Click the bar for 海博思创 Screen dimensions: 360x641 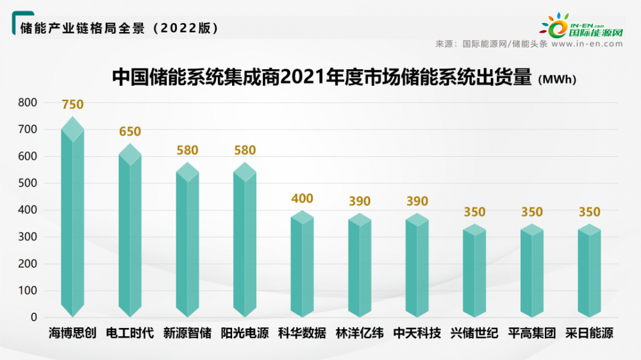72,218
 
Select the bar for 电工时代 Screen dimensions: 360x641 130,231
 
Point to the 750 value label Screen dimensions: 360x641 72,104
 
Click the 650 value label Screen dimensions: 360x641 130,131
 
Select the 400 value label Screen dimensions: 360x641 302,199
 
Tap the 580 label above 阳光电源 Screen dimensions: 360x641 245,151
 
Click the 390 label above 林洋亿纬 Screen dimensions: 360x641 360,201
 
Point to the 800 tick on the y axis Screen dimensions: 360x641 28,102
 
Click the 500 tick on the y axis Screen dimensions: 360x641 28,183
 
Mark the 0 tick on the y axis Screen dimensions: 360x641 33,318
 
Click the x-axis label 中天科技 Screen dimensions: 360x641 417,334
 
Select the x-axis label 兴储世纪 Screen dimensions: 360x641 474,334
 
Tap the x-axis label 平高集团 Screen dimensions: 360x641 532,334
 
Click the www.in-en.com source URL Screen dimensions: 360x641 587,44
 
